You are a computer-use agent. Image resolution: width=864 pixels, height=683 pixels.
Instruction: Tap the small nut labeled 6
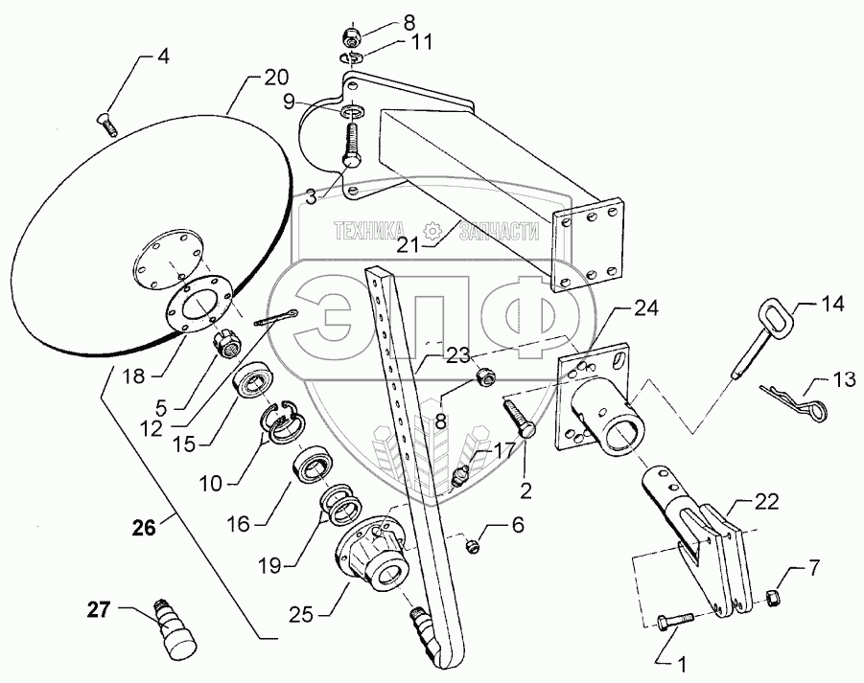(x=473, y=546)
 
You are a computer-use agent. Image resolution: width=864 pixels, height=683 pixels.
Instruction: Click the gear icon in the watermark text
(x=433, y=230)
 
